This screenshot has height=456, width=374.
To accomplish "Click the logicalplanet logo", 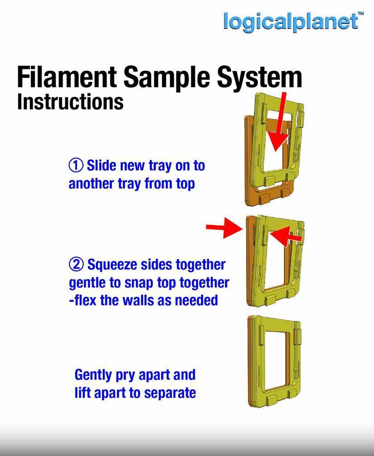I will point(290,21).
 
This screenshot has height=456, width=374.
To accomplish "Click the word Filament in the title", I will point(67,77).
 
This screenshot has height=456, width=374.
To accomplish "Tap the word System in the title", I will point(259,77).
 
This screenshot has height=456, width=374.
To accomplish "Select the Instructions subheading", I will point(70,102).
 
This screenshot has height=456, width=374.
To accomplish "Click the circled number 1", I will point(75,165).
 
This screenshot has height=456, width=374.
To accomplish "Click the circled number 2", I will point(76,265).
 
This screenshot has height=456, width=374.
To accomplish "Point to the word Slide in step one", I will point(101,165).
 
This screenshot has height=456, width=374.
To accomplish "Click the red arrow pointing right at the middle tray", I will point(224,228).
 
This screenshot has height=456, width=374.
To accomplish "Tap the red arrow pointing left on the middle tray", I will point(285,236).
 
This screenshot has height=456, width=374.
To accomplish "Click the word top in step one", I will point(185,183).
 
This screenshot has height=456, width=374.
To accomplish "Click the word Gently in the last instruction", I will point(93,375).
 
